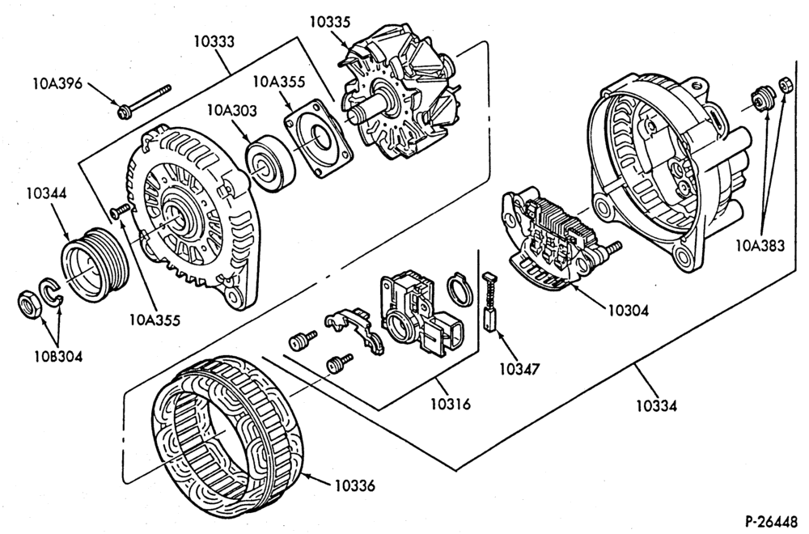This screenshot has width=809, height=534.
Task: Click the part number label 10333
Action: (x=214, y=41)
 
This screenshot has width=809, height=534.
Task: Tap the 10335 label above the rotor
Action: (x=330, y=22)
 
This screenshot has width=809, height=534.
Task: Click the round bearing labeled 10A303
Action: (x=269, y=163)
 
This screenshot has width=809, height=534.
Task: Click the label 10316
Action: (x=451, y=404)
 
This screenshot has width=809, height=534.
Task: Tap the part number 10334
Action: (x=656, y=405)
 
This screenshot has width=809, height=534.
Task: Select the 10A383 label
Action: (x=760, y=246)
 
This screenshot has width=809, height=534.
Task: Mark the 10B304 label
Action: (x=58, y=356)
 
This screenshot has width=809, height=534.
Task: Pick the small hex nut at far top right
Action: (x=786, y=84)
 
